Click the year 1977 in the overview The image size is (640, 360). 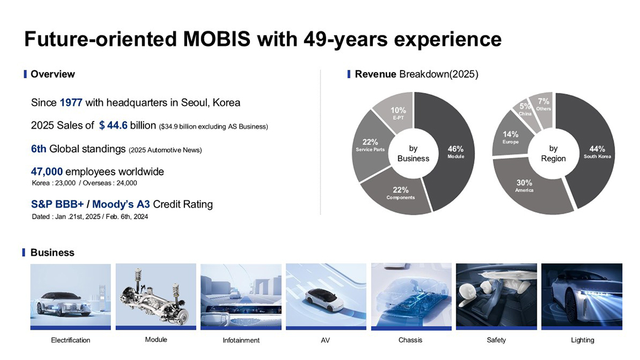[x=71, y=103]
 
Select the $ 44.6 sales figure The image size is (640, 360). [x=113, y=125]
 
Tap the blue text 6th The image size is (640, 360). [x=39, y=149]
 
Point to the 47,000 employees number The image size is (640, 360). [x=47, y=172]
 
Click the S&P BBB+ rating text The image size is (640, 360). [x=57, y=204]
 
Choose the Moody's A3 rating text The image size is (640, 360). [x=121, y=204]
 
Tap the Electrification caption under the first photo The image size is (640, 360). [x=71, y=340]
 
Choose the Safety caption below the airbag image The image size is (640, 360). [x=497, y=340]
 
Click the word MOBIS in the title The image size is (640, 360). [x=217, y=39]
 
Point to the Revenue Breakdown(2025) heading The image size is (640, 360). [x=417, y=74]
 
